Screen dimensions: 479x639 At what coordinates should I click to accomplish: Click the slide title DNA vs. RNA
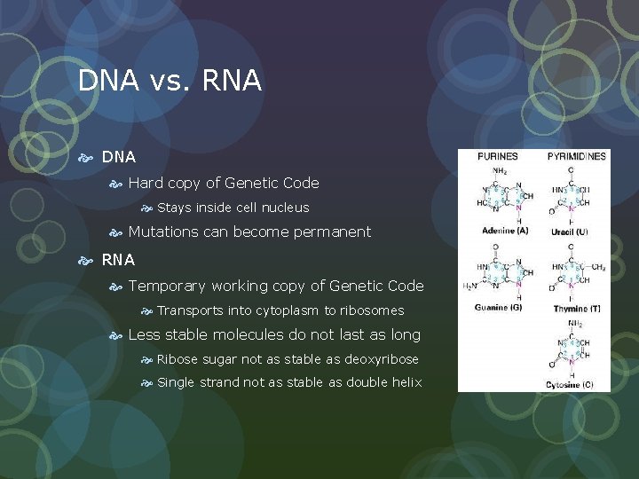pyautogui.click(x=170, y=81)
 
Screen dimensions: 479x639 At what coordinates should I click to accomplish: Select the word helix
pyautogui.click(x=406, y=382)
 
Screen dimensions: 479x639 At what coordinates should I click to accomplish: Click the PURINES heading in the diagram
pyautogui.click(x=498, y=157)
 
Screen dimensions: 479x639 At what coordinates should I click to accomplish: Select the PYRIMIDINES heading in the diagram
pyautogui.click(x=577, y=157)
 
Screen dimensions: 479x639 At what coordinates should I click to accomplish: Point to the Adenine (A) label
pyautogui.click(x=502, y=232)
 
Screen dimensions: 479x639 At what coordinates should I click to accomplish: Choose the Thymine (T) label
pyautogui.click(x=576, y=308)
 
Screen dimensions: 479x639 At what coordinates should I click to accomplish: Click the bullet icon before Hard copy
pyautogui.click(x=115, y=184)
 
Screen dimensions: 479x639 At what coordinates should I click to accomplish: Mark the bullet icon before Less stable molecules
pyautogui.click(x=115, y=335)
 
